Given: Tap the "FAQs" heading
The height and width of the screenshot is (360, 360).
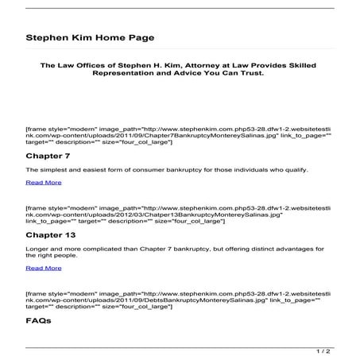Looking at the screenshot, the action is (x=38, y=321).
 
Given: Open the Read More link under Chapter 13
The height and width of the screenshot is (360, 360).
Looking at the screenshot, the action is (x=43, y=268).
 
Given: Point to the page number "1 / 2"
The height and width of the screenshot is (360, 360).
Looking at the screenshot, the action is (x=323, y=350).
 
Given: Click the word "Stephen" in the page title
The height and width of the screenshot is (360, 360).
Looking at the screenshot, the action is (x=48, y=37).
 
